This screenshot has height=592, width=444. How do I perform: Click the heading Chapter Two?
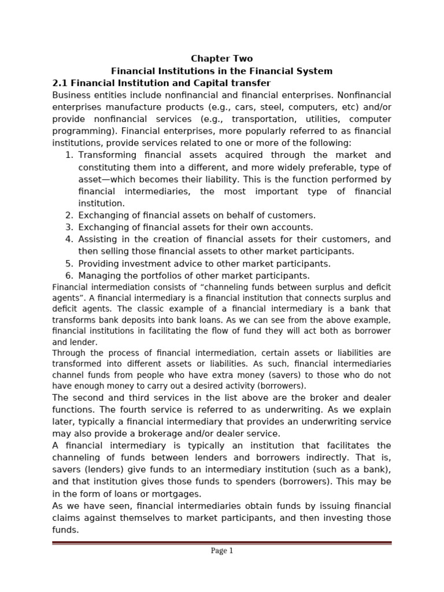click(221, 58)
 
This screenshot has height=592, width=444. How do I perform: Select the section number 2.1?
click(60, 83)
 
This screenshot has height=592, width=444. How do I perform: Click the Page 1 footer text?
click(221, 551)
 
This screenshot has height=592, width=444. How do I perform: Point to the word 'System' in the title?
click(314, 71)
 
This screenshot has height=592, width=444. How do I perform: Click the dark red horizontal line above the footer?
click(221, 542)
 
